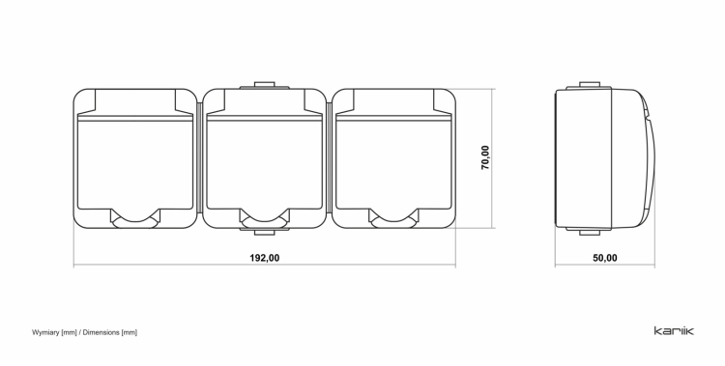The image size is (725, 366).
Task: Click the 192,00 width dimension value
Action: point(265,258)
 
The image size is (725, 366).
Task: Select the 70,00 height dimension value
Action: point(485,157)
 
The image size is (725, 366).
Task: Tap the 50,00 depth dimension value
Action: point(605,258)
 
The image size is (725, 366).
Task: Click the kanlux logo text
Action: point(674,330)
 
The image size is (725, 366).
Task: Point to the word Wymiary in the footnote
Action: point(45,332)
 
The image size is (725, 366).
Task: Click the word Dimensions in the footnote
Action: point(101,332)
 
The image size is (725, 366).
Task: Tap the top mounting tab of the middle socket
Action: point(265,86)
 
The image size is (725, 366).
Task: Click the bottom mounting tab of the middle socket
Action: point(265,231)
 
